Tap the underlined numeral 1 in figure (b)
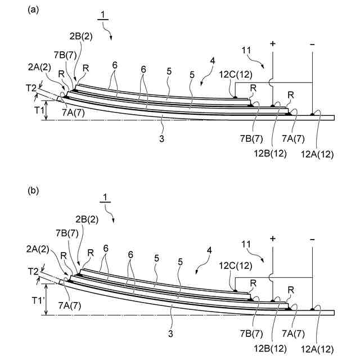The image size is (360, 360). pyautogui.click(x=105, y=197)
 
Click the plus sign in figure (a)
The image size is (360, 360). pyautogui.click(x=273, y=43)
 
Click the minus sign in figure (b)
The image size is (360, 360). pyautogui.click(x=312, y=238)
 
